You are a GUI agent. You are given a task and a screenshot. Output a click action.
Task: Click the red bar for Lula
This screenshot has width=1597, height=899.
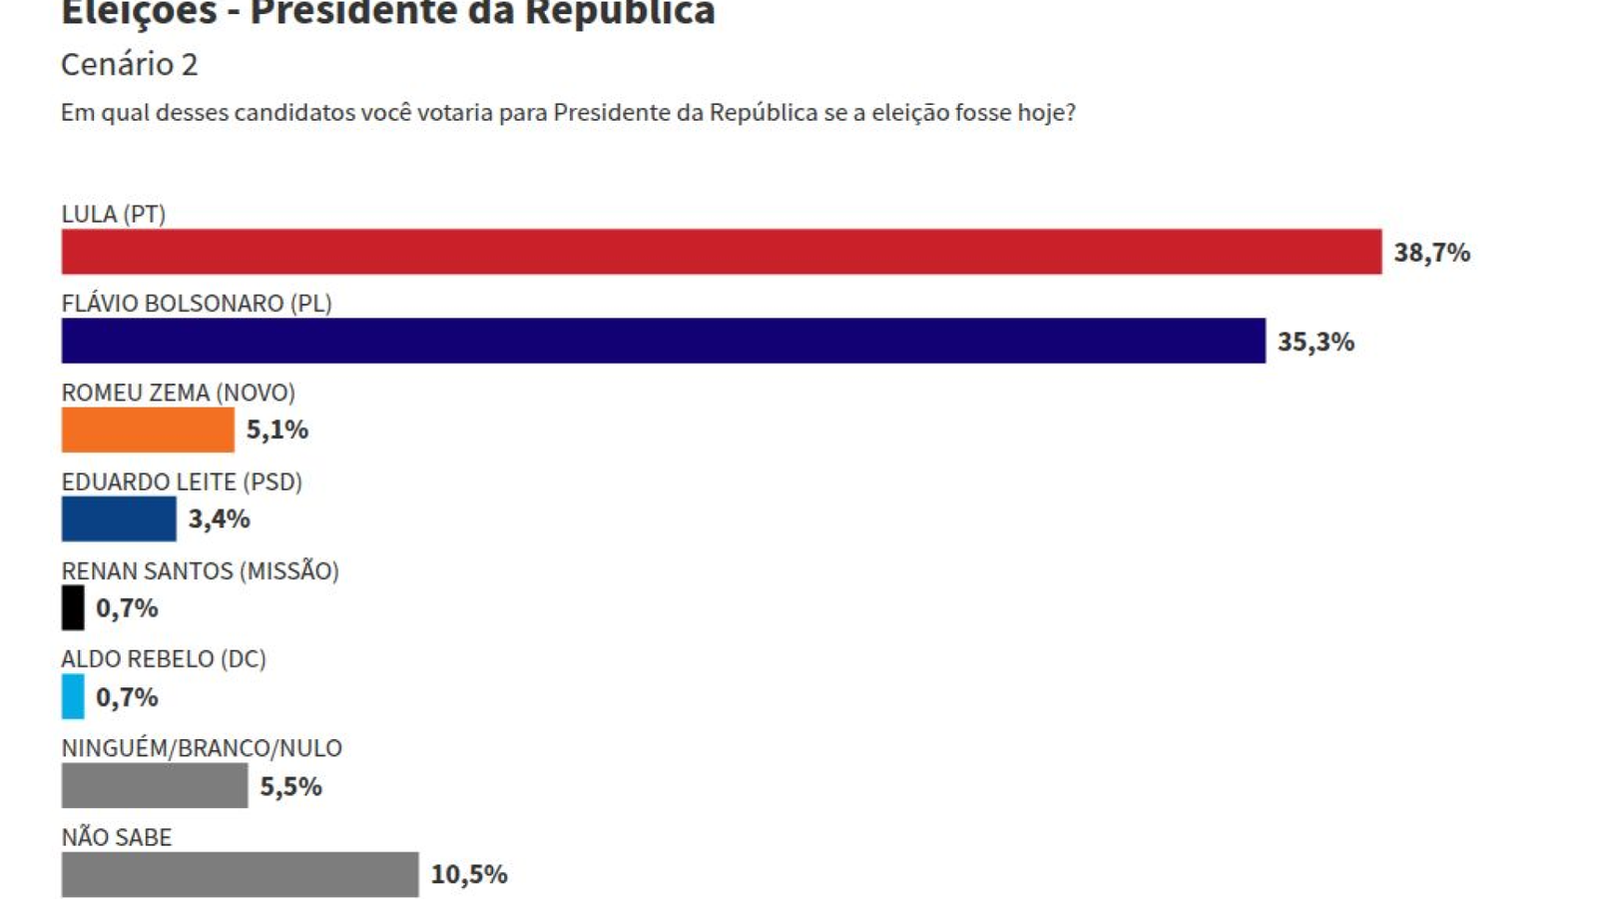[722, 252]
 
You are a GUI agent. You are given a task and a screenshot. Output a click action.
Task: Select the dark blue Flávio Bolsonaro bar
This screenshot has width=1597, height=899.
[664, 341]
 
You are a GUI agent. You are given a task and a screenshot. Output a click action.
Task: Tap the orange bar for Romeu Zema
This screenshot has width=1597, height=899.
[148, 430]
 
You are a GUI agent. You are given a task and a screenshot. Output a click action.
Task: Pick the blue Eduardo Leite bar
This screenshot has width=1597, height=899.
[119, 518]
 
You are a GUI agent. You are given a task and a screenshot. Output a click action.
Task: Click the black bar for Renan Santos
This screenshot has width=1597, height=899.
[73, 607]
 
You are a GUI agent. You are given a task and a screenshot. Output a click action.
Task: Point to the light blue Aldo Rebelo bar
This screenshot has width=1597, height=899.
[73, 696]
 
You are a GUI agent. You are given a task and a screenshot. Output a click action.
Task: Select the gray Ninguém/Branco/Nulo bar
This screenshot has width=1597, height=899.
[155, 785]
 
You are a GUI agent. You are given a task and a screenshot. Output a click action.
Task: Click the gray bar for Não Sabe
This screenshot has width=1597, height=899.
[240, 874]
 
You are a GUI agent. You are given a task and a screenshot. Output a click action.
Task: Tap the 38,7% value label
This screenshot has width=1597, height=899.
[1431, 253]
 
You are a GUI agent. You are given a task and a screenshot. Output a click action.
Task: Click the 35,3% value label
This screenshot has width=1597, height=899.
[1316, 342]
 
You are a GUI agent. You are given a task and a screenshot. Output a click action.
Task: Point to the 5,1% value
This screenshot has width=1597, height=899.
[277, 430]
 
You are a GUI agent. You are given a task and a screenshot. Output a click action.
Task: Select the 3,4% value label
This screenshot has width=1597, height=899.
[220, 518]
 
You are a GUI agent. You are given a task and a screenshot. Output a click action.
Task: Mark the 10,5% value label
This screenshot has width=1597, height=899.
[469, 874]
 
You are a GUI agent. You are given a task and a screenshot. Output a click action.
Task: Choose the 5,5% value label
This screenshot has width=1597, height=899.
[291, 786]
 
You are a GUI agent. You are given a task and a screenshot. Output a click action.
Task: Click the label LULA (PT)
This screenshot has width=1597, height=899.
[114, 214]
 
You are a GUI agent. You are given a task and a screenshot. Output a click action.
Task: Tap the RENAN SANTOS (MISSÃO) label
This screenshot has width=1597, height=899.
[200, 570]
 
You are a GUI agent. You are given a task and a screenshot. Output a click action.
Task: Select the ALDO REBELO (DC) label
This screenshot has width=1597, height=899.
[164, 659]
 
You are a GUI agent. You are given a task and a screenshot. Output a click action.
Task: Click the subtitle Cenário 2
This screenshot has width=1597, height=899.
[130, 64]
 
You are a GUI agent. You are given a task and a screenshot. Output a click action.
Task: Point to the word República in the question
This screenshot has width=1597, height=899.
[764, 112]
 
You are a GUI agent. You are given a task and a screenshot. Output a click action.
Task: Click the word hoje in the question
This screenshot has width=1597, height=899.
[1045, 113]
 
